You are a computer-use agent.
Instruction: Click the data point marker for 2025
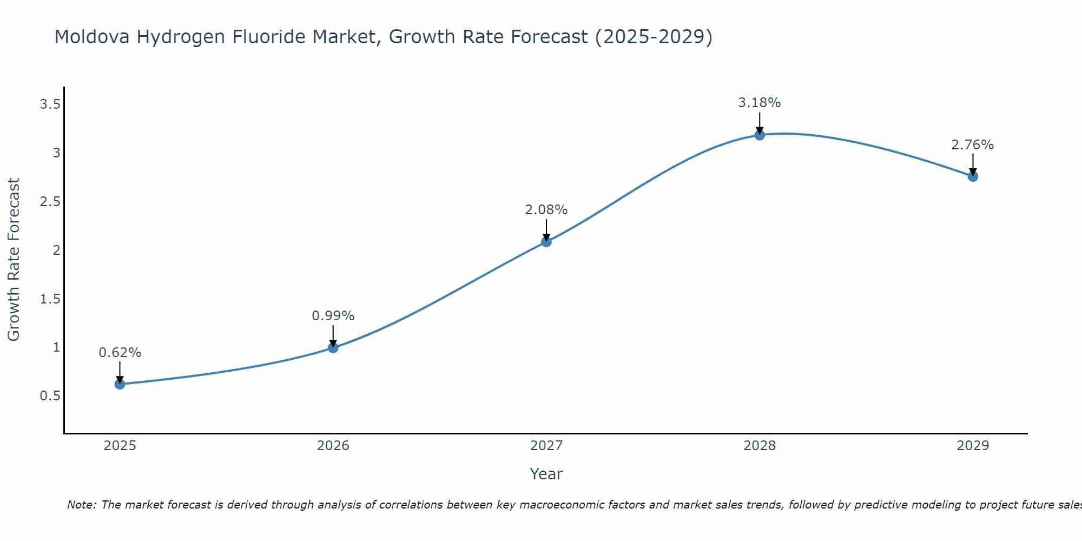tap(120, 384)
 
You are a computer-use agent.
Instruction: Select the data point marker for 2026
tap(333, 347)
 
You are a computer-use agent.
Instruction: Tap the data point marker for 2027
tap(546, 242)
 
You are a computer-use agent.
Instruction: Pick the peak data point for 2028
tap(760, 135)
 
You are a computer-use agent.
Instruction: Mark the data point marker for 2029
tap(973, 176)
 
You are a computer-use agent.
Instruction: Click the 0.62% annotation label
tap(120, 353)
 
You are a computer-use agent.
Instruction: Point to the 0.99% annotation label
tap(333, 316)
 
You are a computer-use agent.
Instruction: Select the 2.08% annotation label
tap(546, 210)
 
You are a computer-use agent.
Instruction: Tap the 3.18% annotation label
tap(760, 103)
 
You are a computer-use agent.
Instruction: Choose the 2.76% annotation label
tap(973, 145)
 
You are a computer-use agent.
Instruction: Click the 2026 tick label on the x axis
tap(333, 446)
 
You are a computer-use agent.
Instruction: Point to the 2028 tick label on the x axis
tap(760, 446)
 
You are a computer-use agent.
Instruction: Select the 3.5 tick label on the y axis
tap(50, 104)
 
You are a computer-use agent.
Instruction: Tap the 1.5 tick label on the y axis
tap(50, 299)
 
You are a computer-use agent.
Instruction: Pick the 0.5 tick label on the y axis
tap(50, 396)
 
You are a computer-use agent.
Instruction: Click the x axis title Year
tap(546, 474)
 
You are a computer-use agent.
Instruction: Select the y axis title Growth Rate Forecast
tap(14, 260)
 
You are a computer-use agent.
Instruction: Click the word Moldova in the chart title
tap(92, 37)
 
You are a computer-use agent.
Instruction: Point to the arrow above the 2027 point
tap(546, 229)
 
